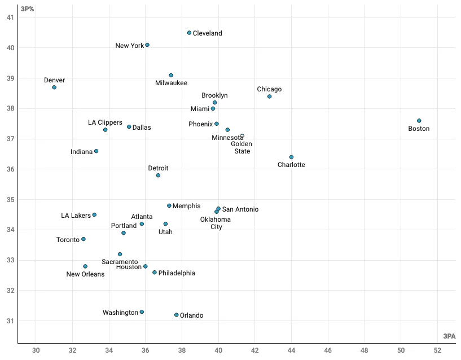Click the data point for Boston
[419, 121]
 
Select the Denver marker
[54, 87]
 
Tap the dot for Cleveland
[189, 33]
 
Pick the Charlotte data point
[291, 157]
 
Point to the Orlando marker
[176, 315]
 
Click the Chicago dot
[269, 96]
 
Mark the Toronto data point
[84, 239]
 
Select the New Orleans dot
[85, 266]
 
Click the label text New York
[130, 46]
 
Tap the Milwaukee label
[171, 84]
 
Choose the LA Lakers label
[76, 216]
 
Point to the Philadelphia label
[177, 273]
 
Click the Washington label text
[120, 313]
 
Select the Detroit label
[158, 168]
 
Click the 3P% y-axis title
[28, 9]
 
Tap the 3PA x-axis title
[449, 336]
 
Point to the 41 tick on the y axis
[11, 17]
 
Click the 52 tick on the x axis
[437, 351]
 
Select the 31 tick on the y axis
[11, 321]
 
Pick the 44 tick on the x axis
[291, 351]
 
